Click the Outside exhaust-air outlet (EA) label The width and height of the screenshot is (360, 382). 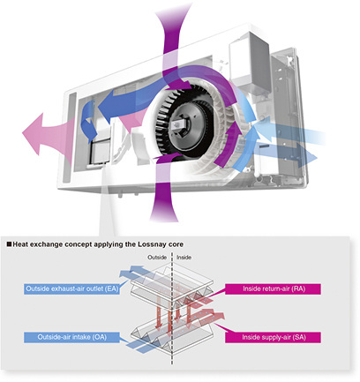71,288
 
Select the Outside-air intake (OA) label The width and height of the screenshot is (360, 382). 71,337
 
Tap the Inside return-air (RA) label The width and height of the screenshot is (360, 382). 273,288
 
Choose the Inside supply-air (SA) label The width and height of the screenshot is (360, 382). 273,337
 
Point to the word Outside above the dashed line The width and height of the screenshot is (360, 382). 157,258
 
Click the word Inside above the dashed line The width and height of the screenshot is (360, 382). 184,258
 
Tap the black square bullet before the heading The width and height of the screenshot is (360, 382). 9,244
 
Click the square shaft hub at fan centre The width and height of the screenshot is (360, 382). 179,125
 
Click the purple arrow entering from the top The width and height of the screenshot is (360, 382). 173,44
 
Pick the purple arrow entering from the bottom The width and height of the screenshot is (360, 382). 164,191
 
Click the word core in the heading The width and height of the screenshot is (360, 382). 176,244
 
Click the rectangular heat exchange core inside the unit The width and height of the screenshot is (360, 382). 101,152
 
